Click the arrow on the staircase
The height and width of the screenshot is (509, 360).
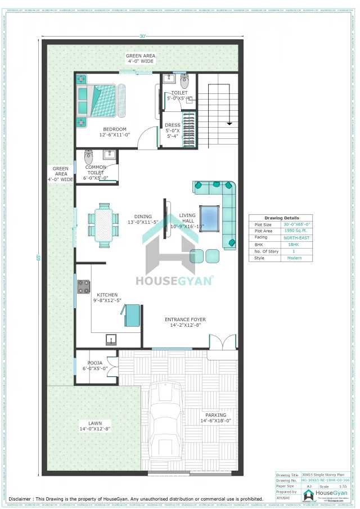[229, 124]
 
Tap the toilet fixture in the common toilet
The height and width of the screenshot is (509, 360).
[88, 155]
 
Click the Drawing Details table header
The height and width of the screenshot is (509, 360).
[282, 218]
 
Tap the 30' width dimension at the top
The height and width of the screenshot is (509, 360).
[143, 36]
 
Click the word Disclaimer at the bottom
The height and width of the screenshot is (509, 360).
[24, 498]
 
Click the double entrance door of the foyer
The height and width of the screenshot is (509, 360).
[222, 342]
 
